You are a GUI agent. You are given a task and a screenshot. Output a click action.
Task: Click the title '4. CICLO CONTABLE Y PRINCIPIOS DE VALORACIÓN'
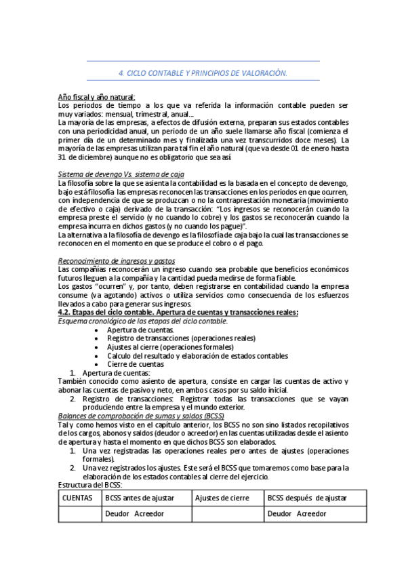[203, 73]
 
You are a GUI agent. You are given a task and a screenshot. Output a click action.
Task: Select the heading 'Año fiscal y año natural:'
[96, 97]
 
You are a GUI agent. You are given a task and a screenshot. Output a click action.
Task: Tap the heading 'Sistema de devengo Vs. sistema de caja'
[112, 174]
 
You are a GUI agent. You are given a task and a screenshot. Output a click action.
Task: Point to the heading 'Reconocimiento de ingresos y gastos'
[116, 260]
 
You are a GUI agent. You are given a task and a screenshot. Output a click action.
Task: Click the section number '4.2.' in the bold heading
[65, 312]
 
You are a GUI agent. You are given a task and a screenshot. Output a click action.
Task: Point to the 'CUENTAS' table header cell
[77, 498]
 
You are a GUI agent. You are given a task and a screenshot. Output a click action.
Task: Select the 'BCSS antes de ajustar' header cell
[140, 498]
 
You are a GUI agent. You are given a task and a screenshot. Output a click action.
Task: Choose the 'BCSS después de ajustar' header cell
[307, 498]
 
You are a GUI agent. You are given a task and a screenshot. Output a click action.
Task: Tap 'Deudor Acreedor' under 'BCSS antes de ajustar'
[134, 513]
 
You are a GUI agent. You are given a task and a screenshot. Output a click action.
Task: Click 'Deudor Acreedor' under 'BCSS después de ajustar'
[297, 513]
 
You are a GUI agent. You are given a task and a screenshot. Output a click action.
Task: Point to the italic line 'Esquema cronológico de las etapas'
[142, 321]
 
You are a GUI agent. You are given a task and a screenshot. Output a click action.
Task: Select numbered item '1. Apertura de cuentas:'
[115, 373]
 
